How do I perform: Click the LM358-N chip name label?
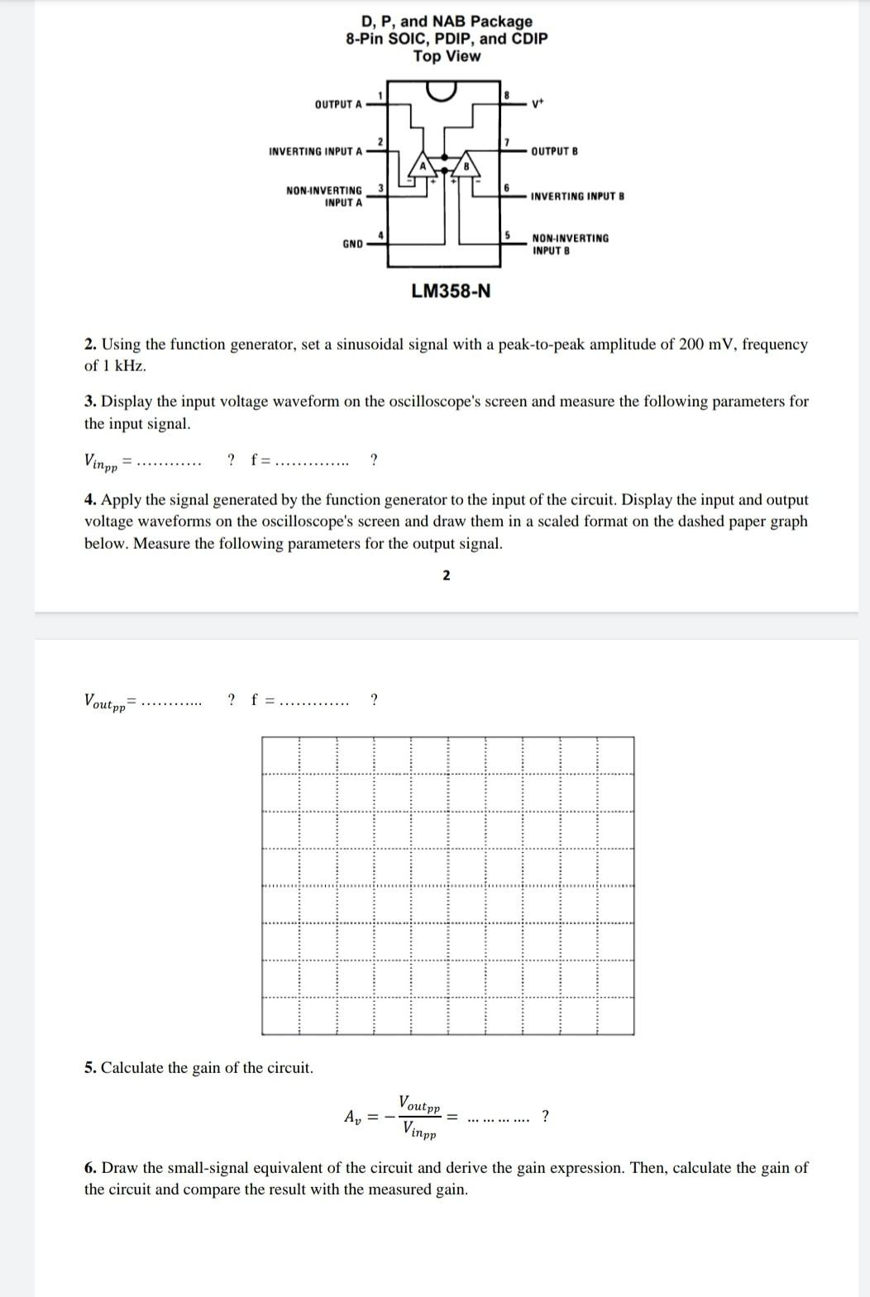pos(450,291)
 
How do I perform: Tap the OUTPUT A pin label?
pos(338,104)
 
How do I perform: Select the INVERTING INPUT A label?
pos(315,151)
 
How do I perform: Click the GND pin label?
pos(352,244)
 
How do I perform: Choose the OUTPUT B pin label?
pos(554,151)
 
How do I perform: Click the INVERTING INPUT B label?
pos(577,196)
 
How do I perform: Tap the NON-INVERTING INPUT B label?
pos(570,244)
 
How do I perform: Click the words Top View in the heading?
pos(447,56)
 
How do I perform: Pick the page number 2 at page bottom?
pos(447,575)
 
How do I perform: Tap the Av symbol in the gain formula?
pos(352,1117)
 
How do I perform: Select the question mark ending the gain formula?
pos(544,1116)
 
